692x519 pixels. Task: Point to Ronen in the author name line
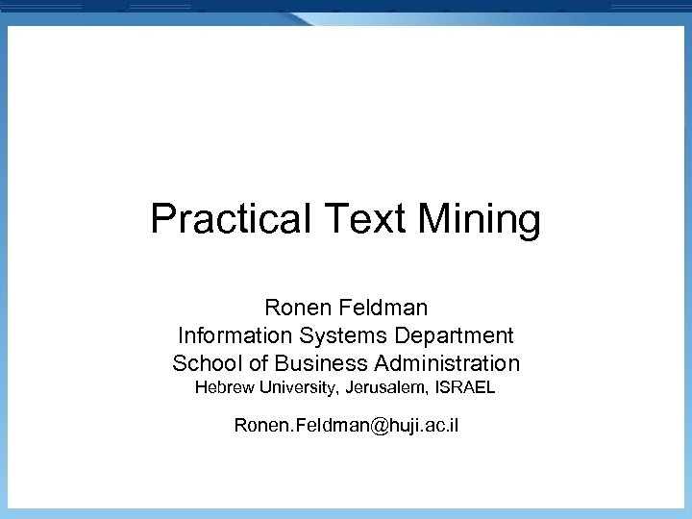tap(295, 308)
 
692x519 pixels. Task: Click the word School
tap(204, 363)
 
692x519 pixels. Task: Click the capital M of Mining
tap(433, 219)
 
